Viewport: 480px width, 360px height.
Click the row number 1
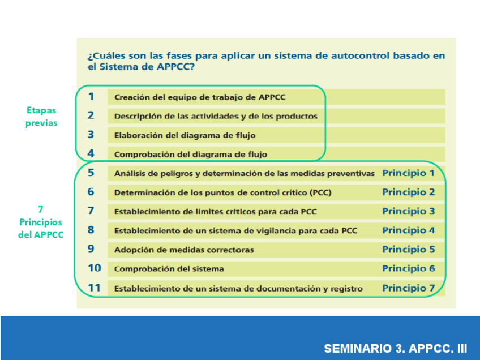click(91, 97)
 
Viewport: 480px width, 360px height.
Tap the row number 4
click(91, 153)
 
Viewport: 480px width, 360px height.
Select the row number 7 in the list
click(91, 211)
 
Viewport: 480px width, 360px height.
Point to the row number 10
click(95, 268)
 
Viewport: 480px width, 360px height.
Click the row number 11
click(94, 288)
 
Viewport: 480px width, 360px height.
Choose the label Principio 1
click(408, 173)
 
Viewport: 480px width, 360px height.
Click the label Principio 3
click(408, 211)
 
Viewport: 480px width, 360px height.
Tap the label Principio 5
click(408, 249)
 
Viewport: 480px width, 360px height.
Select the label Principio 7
click(408, 288)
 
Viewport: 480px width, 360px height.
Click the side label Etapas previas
click(41, 117)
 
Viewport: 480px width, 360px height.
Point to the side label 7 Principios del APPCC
click(41, 222)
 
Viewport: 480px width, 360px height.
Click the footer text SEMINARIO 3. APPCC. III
click(396, 348)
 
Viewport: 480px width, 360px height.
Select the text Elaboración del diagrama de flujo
click(185, 135)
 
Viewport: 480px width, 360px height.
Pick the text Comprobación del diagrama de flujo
click(191, 154)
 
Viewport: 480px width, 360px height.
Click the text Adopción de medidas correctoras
click(184, 250)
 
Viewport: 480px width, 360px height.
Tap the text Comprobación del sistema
click(169, 269)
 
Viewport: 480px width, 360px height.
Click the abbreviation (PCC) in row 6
click(320, 192)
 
